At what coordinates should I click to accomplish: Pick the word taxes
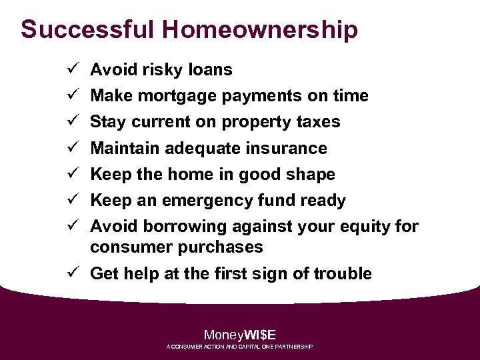pyautogui.click(x=319, y=122)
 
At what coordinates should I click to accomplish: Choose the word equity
pyautogui.click(x=365, y=227)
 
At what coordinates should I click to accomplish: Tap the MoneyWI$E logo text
pyautogui.click(x=239, y=335)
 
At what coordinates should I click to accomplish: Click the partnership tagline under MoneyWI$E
pyautogui.click(x=239, y=347)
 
